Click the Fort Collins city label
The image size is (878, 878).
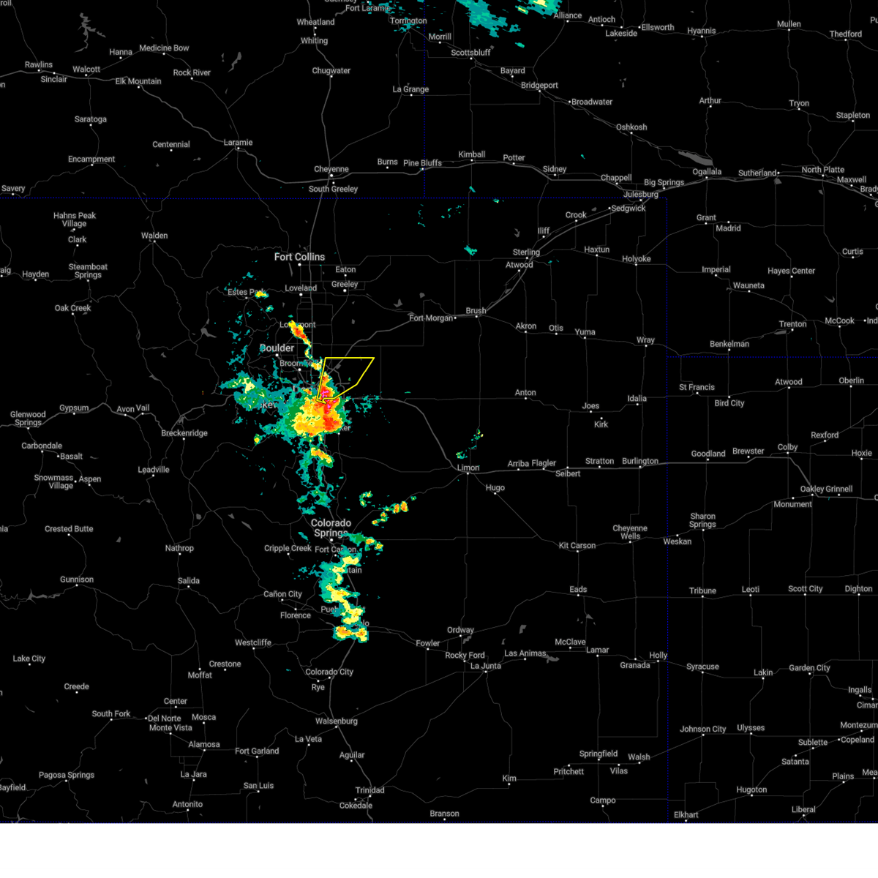(299, 257)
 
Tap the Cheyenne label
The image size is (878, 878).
(331, 169)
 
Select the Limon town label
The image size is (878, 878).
(468, 468)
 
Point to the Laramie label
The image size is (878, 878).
(238, 143)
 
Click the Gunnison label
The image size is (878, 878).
(77, 579)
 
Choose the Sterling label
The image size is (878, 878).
(526, 252)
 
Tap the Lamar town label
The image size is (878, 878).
(597, 650)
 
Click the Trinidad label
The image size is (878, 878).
(369, 790)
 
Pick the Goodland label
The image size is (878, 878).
(708, 454)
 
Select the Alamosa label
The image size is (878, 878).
(204, 744)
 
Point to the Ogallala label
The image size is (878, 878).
(707, 172)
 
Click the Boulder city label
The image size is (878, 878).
(277, 348)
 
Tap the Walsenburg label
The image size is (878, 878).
(337, 721)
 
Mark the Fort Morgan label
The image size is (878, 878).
(431, 318)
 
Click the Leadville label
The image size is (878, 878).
(154, 470)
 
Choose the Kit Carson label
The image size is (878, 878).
(577, 545)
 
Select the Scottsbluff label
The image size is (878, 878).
(470, 53)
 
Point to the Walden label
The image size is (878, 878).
(154, 236)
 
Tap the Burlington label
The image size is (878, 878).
(640, 461)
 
